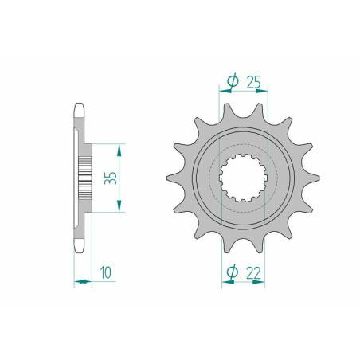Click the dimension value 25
tap(254, 82)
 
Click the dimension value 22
tap(253, 273)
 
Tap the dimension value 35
tap(111, 178)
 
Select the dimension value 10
tap(106, 272)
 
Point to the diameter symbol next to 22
tap(233, 272)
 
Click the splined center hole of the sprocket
tap(243, 178)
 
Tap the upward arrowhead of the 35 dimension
tap(119, 150)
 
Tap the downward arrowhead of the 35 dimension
tap(119, 206)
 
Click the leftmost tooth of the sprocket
tap(175, 178)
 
